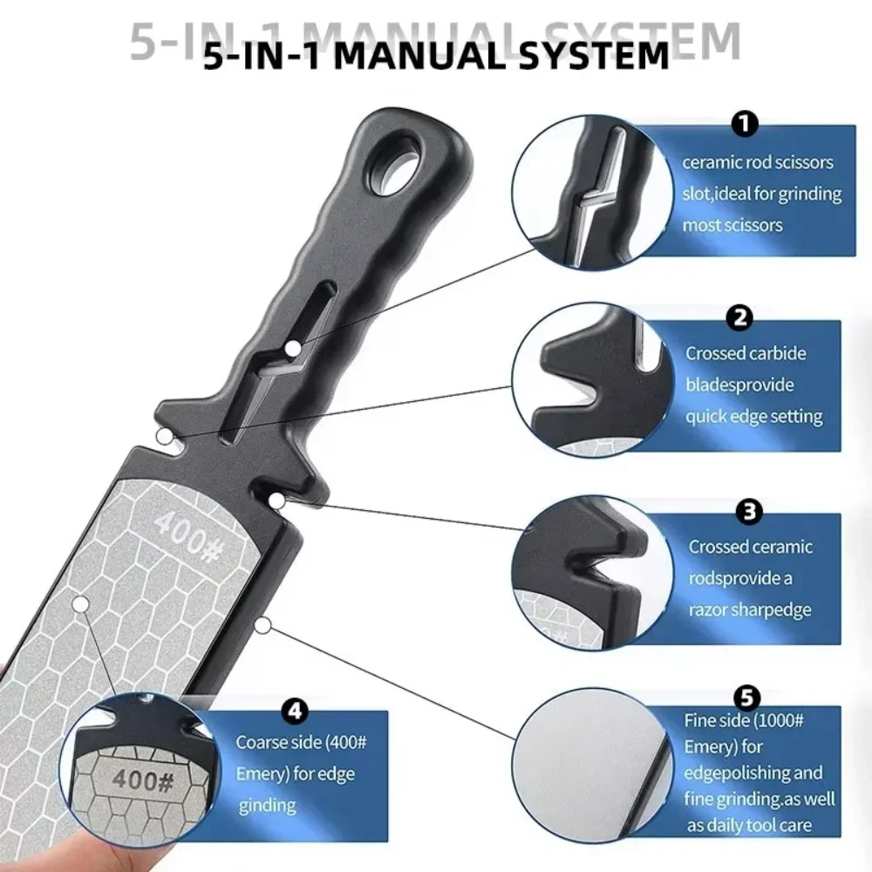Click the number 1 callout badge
[x=744, y=125]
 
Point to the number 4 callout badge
[x=296, y=712]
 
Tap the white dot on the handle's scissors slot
[x=294, y=348]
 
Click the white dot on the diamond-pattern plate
[x=79, y=603]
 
